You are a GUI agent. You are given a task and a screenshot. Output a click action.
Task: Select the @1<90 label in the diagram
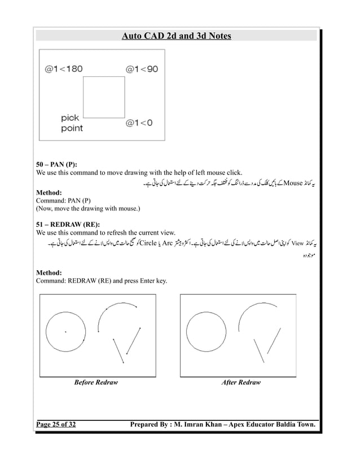(142, 69)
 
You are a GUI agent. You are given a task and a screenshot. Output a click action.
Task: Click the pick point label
(72, 123)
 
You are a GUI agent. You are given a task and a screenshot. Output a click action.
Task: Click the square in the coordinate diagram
(104, 97)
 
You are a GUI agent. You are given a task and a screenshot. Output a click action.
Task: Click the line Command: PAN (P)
(67, 200)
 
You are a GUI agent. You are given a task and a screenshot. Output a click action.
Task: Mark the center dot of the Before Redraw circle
(65, 332)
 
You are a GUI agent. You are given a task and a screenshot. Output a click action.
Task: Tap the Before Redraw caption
(96, 383)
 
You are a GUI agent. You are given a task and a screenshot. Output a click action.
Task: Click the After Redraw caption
(241, 383)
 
